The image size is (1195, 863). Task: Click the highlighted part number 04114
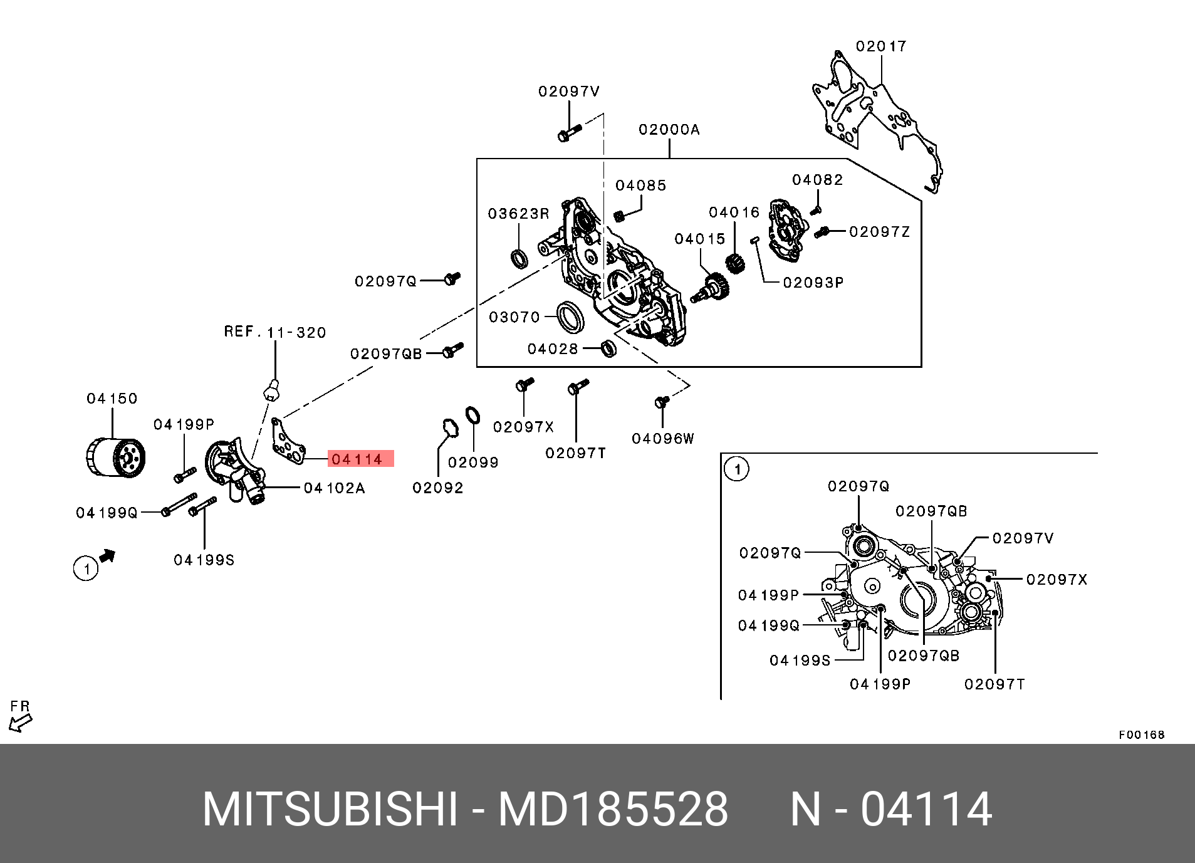[x=357, y=459]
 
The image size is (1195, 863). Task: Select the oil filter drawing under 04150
[x=115, y=458]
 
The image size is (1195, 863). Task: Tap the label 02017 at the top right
[x=881, y=46]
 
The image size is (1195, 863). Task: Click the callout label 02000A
[x=669, y=130]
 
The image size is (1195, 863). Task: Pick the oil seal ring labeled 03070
[x=570, y=317]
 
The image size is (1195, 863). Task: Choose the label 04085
[x=640, y=186]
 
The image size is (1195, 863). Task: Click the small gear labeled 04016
[x=735, y=263]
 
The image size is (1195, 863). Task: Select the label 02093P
[x=813, y=283]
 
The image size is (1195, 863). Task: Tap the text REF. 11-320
[x=275, y=332]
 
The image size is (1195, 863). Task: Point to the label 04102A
[x=334, y=488]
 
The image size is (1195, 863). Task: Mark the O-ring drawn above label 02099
[x=472, y=415]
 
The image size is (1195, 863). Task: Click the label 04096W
[x=663, y=439]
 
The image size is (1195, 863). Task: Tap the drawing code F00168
[x=1141, y=735]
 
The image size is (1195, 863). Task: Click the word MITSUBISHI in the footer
[x=330, y=810]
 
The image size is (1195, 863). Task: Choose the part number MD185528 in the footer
[x=613, y=810]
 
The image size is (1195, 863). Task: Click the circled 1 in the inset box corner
[x=737, y=469]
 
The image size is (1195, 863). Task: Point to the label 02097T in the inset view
[x=994, y=684]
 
